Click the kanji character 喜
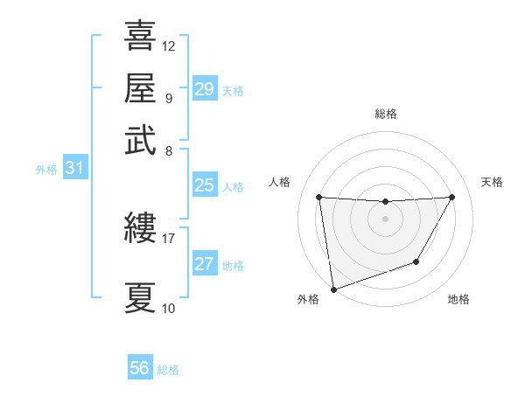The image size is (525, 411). [x=140, y=37]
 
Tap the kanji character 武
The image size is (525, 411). [x=140, y=140]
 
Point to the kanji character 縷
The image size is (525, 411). [x=140, y=230]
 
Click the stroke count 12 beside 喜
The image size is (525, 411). [x=169, y=45]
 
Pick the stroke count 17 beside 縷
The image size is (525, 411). [x=169, y=238]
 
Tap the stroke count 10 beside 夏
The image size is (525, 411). [x=169, y=308]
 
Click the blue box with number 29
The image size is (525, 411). [x=205, y=88]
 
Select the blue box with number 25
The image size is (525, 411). [x=205, y=185]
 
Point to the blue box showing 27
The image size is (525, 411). [x=205, y=264]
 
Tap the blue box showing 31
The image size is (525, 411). [x=74, y=168]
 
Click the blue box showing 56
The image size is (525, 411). [x=140, y=368]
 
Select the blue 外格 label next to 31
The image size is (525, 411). [x=46, y=170]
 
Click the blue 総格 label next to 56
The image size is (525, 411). [x=168, y=370]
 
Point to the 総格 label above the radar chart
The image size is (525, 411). [x=385, y=114]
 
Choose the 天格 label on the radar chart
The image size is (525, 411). [x=492, y=182]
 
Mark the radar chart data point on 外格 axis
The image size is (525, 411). [x=332, y=289]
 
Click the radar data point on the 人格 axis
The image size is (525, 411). [x=318, y=197]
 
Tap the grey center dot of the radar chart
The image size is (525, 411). [x=385, y=219]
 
